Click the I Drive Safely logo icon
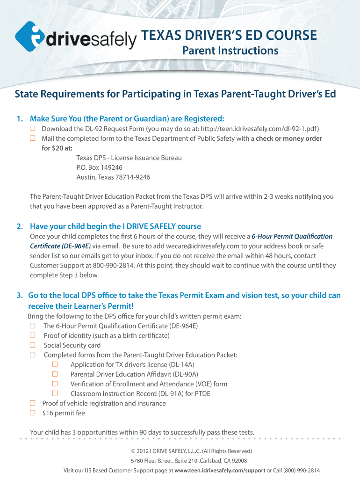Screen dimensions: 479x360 coord(31,37)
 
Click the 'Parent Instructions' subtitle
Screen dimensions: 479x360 coord(230,51)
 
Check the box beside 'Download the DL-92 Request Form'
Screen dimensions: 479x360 coord(33,129)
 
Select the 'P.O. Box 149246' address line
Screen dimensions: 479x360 coord(100,167)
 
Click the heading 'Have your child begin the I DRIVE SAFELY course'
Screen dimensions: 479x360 coord(115,226)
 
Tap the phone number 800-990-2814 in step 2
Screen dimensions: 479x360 coord(112,266)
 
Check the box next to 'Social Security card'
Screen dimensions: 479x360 coord(33,345)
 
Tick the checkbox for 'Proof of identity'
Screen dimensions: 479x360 coord(33,335)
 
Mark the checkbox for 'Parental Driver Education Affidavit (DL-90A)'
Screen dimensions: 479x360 coord(55,374)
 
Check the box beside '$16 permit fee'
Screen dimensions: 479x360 coord(33,413)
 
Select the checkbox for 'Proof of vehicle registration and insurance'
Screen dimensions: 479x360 coord(33,403)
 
